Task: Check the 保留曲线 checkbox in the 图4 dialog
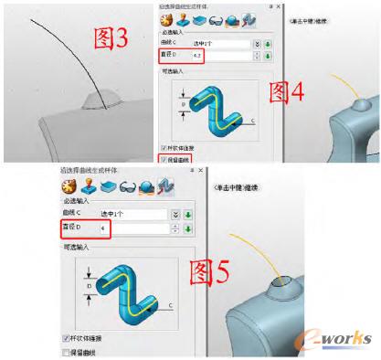pyautogui.click(x=164, y=158)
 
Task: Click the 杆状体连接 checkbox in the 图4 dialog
pyautogui.click(x=164, y=147)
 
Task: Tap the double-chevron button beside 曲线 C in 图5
pyautogui.click(x=175, y=213)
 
